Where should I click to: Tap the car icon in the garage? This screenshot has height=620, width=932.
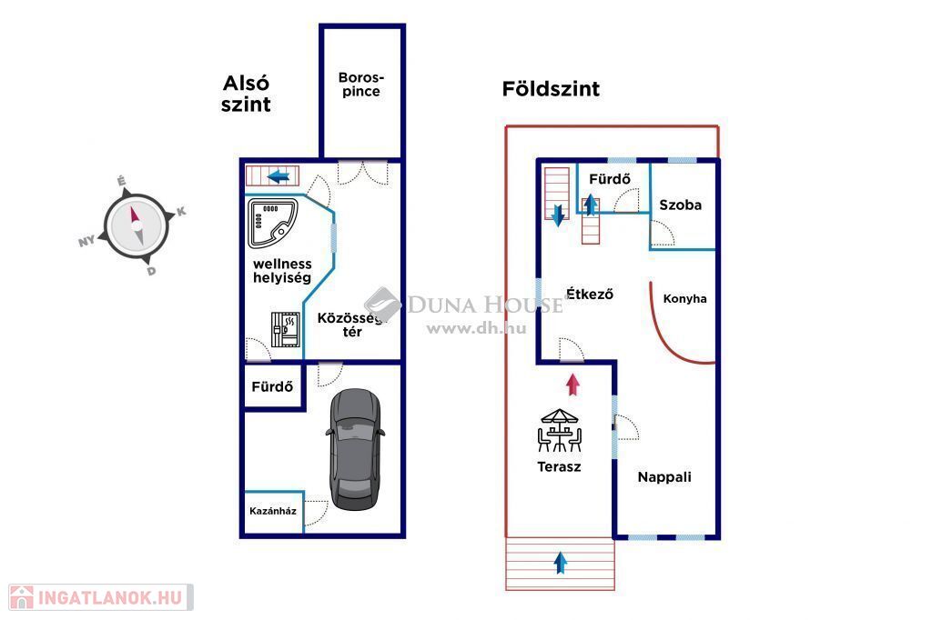click(355, 448)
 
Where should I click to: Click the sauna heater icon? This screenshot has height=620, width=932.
click(285, 329)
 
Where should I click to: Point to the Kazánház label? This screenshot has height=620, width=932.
click(273, 511)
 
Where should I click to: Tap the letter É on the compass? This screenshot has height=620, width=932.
click(122, 182)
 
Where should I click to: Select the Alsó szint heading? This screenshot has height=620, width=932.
click(247, 94)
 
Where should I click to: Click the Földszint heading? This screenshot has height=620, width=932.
click(551, 89)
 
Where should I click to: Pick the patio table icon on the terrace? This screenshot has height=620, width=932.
click(559, 430)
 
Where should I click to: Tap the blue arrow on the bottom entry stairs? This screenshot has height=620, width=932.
click(561, 563)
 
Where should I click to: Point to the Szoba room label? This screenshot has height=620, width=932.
click(681, 205)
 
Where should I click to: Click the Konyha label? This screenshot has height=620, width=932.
click(684, 298)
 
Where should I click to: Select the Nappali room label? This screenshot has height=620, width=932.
click(664, 476)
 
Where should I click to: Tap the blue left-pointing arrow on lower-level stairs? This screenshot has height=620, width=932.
click(279, 175)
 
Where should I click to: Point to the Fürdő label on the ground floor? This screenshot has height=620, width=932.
click(610, 178)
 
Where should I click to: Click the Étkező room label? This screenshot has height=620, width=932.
click(589, 294)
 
